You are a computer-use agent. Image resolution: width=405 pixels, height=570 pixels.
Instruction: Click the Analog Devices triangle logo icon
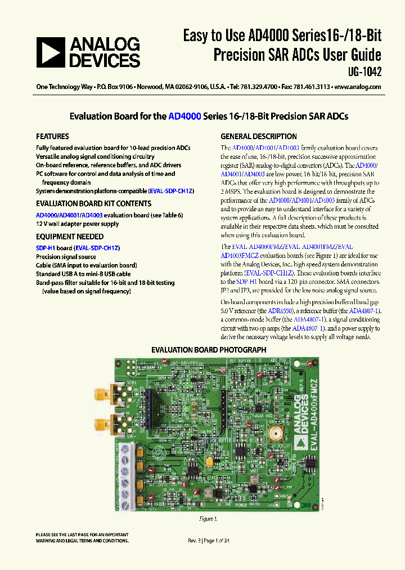(x=49, y=52)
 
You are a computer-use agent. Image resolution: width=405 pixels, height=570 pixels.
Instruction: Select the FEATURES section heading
(x=52, y=136)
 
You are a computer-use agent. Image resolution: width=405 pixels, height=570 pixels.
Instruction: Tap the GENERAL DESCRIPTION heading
(x=259, y=136)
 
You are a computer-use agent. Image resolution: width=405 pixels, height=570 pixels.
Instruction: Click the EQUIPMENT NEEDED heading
(x=70, y=237)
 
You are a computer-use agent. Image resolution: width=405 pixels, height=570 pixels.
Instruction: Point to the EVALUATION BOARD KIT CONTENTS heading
(x=93, y=203)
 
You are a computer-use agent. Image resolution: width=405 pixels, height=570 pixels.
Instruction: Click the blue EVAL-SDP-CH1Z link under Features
(x=171, y=191)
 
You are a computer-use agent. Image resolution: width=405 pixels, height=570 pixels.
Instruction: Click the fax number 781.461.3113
(x=308, y=87)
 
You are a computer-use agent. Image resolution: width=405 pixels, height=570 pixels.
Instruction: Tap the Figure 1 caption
(x=208, y=519)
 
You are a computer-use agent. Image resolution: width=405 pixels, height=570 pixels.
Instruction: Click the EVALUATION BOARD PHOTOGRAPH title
(x=209, y=350)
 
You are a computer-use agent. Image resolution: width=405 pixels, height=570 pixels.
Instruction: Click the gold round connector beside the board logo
(x=276, y=434)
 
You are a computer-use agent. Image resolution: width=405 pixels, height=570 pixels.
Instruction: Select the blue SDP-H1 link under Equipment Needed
(x=46, y=248)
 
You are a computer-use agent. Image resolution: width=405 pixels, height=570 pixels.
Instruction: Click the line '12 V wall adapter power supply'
(x=78, y=224)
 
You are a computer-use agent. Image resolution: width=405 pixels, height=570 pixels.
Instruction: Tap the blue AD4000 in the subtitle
(x=183, y=117)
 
